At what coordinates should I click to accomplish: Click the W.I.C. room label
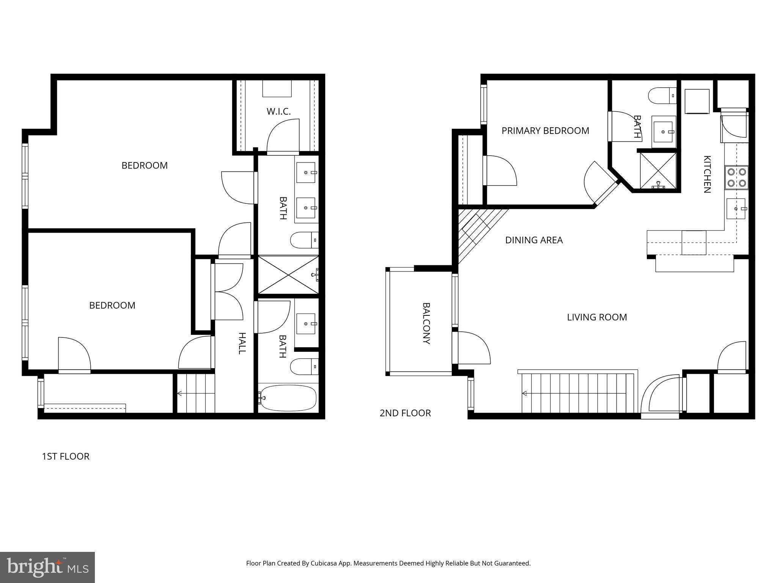pos(278,112)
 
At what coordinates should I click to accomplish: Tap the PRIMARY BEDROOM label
pos(545,131)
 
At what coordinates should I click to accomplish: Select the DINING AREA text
pos(534,240)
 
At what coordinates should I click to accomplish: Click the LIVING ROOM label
pos(597,317)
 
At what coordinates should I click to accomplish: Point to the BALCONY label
pos(426,323)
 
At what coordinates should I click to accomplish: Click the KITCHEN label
pos(707,174)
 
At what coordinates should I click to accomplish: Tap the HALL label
pos(242,343)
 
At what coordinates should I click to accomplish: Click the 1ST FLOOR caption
pos(66,456)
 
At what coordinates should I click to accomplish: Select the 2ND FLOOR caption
pos(405,413)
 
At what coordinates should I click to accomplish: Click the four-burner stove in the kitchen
pos(736,178)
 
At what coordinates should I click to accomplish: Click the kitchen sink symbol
pos(736,209)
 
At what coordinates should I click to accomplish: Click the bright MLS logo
pos(47,567)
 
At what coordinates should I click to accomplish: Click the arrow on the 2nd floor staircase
pos(525,393)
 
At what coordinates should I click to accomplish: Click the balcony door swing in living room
pos(474,347)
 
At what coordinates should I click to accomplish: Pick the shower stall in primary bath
pos(658,171)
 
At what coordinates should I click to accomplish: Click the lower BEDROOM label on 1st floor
pos(112,306)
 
